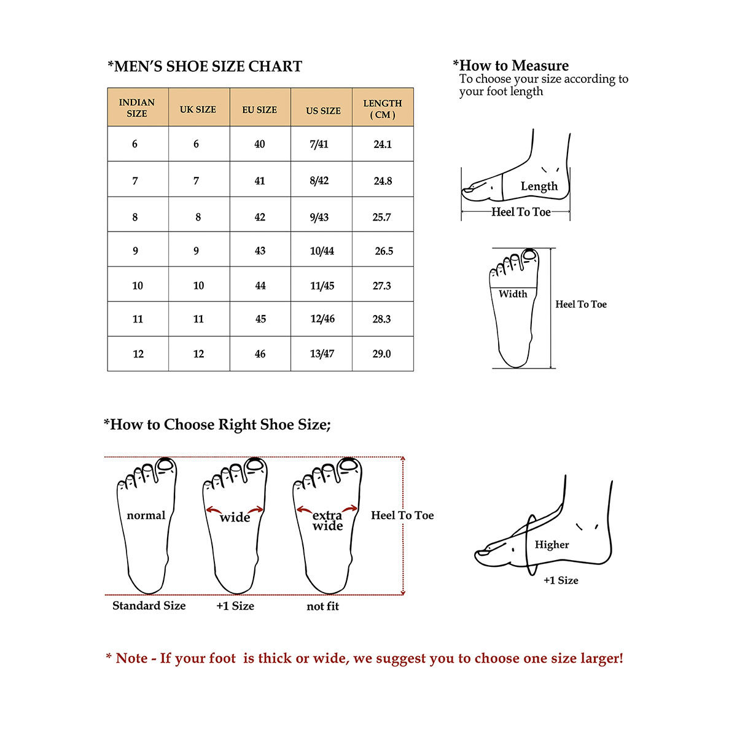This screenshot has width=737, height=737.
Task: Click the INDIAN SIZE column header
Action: (x=137, y=107)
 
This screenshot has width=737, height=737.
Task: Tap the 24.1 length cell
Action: (x=383, y=144)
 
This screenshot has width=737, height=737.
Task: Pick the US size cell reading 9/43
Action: (x=319, y=217)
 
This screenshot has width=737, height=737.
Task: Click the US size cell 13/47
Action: (x=322, y=354)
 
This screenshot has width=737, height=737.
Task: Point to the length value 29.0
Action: (x=381, y=354)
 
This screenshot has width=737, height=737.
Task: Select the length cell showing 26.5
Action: (x=384, y=251)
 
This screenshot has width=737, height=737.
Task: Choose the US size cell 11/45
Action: (x=322, y=286)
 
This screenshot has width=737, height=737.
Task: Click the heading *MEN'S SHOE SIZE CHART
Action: (x=205, y=66)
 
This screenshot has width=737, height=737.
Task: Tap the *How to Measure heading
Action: (x=511, y=66)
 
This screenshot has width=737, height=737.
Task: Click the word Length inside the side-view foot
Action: (x=539, y=186)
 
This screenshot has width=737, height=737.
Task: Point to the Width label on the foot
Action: (x=513, y=294)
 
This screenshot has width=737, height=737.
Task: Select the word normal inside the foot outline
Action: (x=146, y=515)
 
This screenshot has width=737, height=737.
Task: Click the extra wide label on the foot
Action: (x=327, y=520)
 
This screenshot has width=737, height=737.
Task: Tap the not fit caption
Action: (x=322, y=606)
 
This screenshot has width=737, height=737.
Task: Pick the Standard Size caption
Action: (x=149, y=606)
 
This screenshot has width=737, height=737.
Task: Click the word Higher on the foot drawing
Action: (x=552, y=545)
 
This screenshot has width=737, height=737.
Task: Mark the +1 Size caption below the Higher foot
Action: (x=561, y=580)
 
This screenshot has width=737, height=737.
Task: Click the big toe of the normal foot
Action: (x=165, y=465)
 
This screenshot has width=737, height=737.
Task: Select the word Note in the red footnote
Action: (x=131, y=658)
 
